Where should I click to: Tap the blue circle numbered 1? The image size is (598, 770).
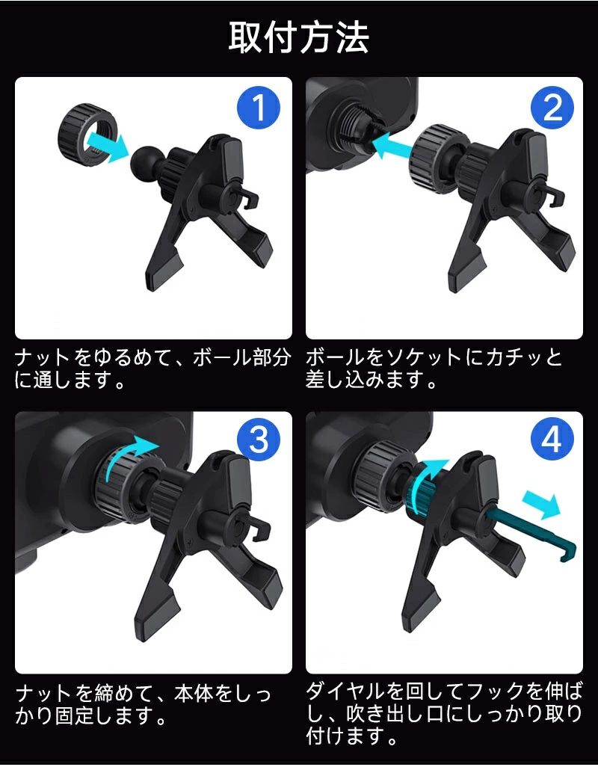pyautogui.click(x=258, y=108)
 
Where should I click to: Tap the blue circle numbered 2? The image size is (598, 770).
pyautogui.click(x=552, y=108)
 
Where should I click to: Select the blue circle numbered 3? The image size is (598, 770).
pyautogui.click(x=258, y=440)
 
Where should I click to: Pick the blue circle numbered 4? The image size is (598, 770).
pyautogui.click(x=552, y=440)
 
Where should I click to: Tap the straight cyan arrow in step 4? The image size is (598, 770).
pyautogui.click(x=541, y=505)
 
